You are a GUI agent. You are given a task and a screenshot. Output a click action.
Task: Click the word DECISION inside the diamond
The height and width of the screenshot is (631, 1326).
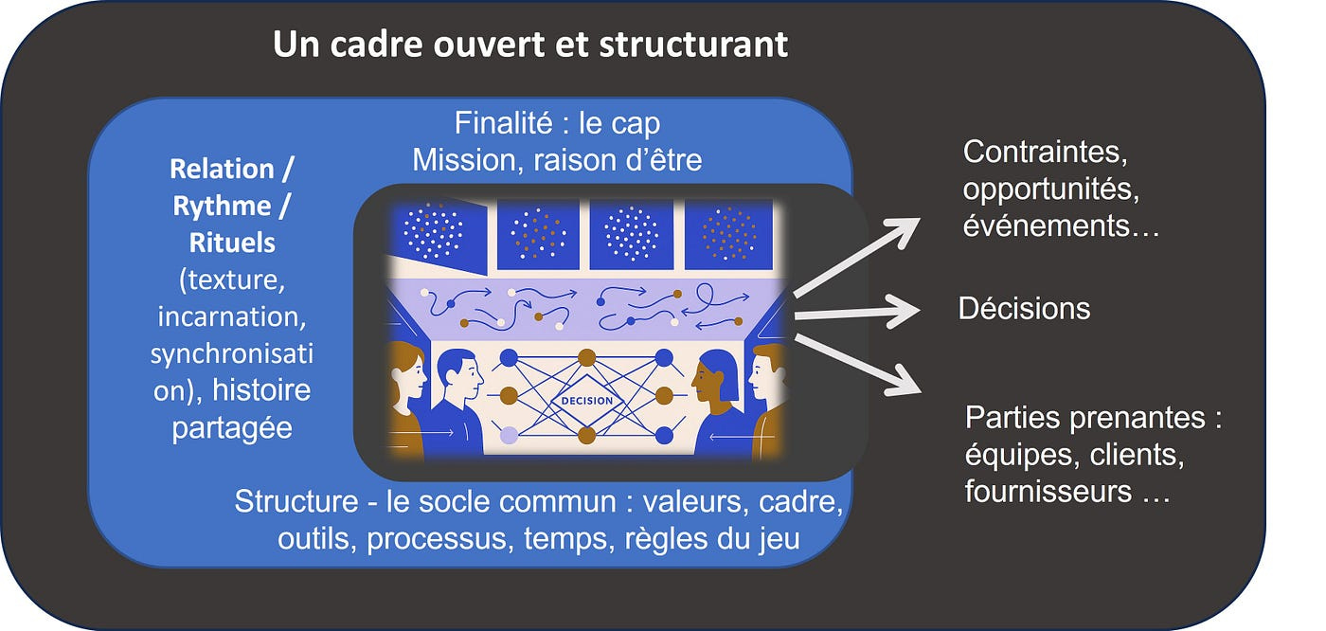pos(587,400)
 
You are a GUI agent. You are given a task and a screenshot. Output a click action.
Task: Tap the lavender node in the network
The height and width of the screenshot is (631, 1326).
pos(509,436)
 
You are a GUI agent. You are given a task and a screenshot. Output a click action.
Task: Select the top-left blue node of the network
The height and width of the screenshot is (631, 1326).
pos(509,358)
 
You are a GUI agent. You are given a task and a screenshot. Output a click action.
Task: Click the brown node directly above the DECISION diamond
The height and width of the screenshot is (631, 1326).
pos(587,357)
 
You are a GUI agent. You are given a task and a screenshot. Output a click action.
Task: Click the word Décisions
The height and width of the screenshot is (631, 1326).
pos(1024,308)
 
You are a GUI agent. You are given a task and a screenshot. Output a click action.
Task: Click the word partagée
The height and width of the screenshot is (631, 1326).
pos(232,427)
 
